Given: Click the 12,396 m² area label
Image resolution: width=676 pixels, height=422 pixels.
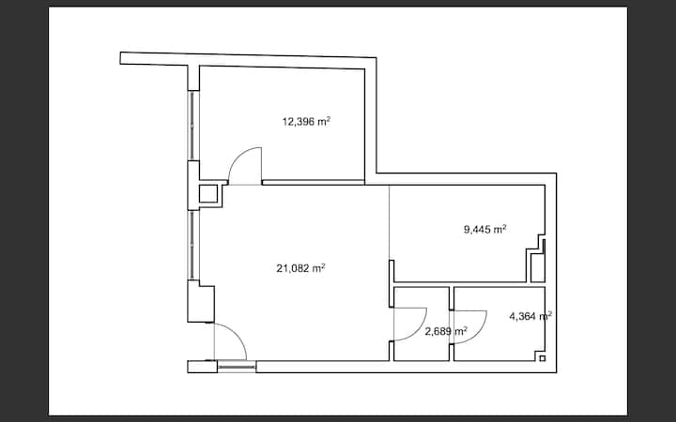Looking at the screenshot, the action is click(306, 121).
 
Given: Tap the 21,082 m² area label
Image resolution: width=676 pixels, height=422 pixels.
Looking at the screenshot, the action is click(300, 268).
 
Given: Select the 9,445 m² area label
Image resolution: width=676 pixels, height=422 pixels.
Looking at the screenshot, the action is click(484, 229).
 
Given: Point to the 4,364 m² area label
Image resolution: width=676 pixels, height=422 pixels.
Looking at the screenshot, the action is click(530, 317).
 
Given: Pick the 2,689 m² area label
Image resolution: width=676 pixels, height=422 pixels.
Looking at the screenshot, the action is click(446, 332).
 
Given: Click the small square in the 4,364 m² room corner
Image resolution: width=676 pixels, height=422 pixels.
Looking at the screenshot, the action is click(543, 358).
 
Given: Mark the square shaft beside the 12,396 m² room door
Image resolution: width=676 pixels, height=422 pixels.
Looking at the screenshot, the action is click(208, 194).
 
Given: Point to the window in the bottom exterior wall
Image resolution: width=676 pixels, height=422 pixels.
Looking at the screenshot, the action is click(237, 367).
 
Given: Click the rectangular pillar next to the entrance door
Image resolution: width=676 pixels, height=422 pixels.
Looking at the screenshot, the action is click(201, 301).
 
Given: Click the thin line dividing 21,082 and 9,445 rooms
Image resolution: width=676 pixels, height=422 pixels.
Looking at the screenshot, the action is click(390, 222).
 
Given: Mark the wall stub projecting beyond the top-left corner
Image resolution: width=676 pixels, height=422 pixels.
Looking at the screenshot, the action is click(154, 59).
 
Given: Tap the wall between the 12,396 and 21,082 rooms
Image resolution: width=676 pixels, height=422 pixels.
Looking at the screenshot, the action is click(314, 183).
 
